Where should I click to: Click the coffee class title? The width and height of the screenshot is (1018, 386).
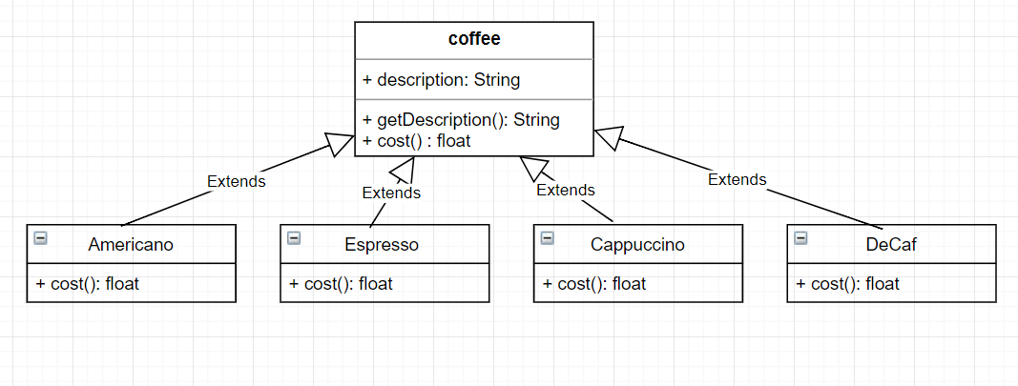point(474,39)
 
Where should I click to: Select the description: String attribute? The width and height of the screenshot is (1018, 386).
point(441,80)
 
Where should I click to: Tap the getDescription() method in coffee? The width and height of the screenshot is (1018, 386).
point(461,120)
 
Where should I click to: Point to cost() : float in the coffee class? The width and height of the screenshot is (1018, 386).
point(417,140)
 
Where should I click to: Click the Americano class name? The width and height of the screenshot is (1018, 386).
point(131,245)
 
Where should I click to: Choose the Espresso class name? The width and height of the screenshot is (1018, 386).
point(382,245)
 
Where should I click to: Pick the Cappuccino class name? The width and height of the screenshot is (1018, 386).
point(637,245)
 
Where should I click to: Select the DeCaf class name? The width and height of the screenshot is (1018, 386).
point(892,245)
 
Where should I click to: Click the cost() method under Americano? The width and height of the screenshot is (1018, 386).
point(88,284)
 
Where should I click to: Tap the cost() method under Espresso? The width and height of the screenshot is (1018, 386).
point(341,284)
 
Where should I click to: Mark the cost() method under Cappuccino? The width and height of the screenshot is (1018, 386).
point(594,284)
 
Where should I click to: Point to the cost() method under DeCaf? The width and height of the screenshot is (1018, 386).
point(848,284)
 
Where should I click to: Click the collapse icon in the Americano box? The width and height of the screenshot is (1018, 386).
point(40,238)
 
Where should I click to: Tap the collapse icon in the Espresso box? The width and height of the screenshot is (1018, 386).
point(294,238)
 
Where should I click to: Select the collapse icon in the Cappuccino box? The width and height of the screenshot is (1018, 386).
point(547,238)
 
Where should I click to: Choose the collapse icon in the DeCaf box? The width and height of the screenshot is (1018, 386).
point(800,238)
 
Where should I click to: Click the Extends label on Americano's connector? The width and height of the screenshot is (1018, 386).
point(236,181)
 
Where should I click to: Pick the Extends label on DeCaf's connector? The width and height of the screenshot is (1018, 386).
point(737,179)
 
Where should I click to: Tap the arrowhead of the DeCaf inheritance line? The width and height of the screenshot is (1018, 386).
point(608,138)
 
